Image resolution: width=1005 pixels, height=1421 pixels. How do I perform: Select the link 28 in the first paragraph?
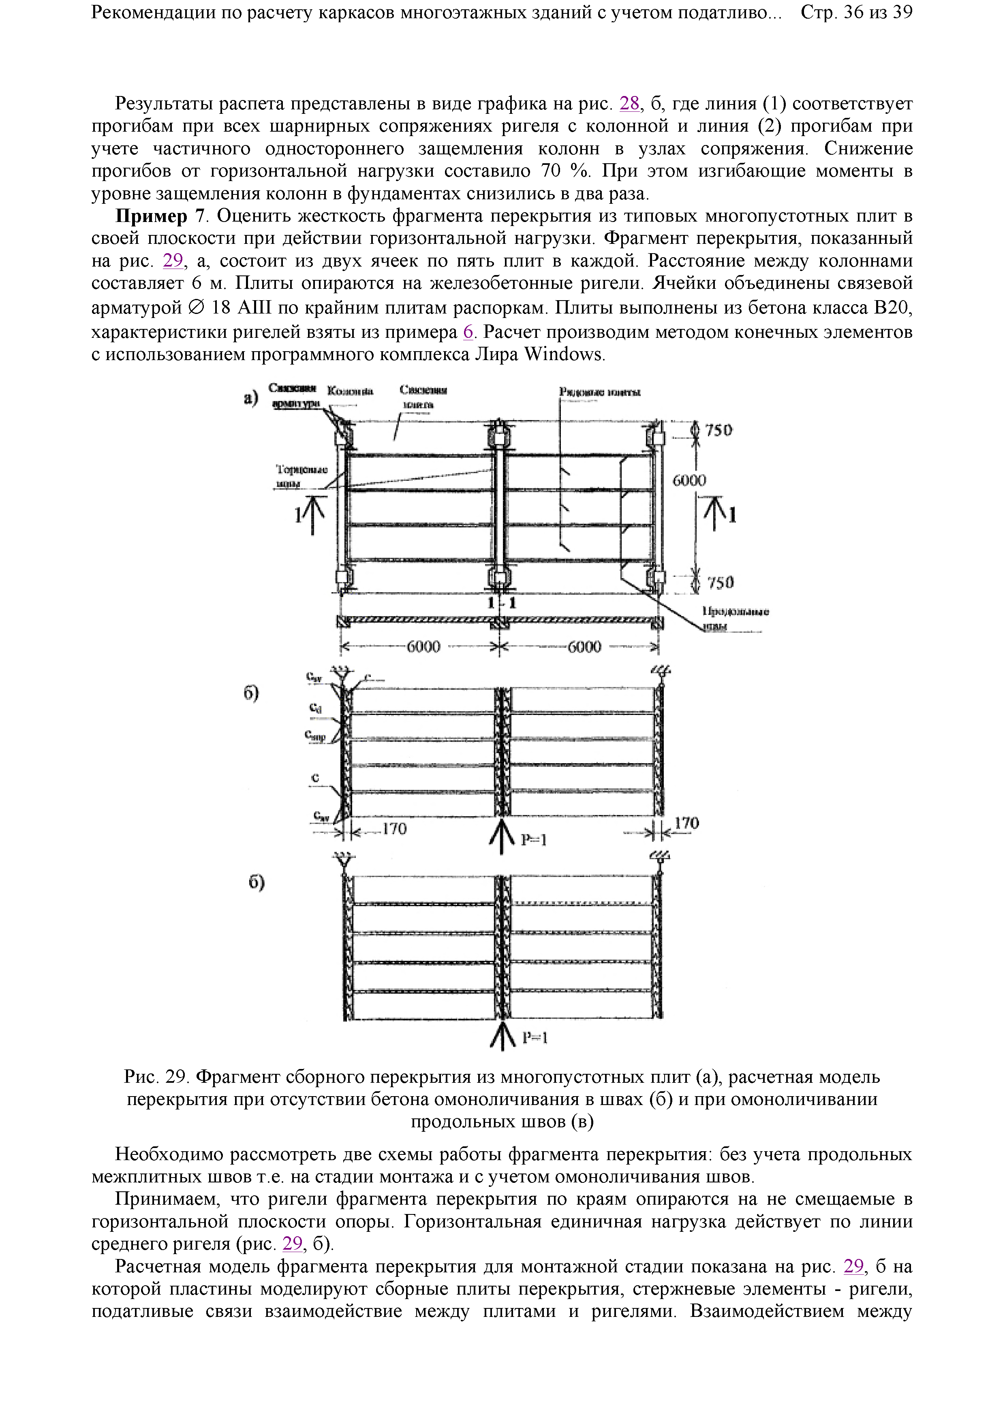(629, 103)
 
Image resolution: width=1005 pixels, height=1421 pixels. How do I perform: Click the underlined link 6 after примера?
(468, 332)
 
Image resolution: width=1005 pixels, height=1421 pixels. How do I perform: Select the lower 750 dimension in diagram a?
(720, 582)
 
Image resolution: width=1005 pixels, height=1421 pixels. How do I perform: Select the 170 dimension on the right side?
(686, 823)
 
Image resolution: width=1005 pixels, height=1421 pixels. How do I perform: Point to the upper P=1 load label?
(533, 839)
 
